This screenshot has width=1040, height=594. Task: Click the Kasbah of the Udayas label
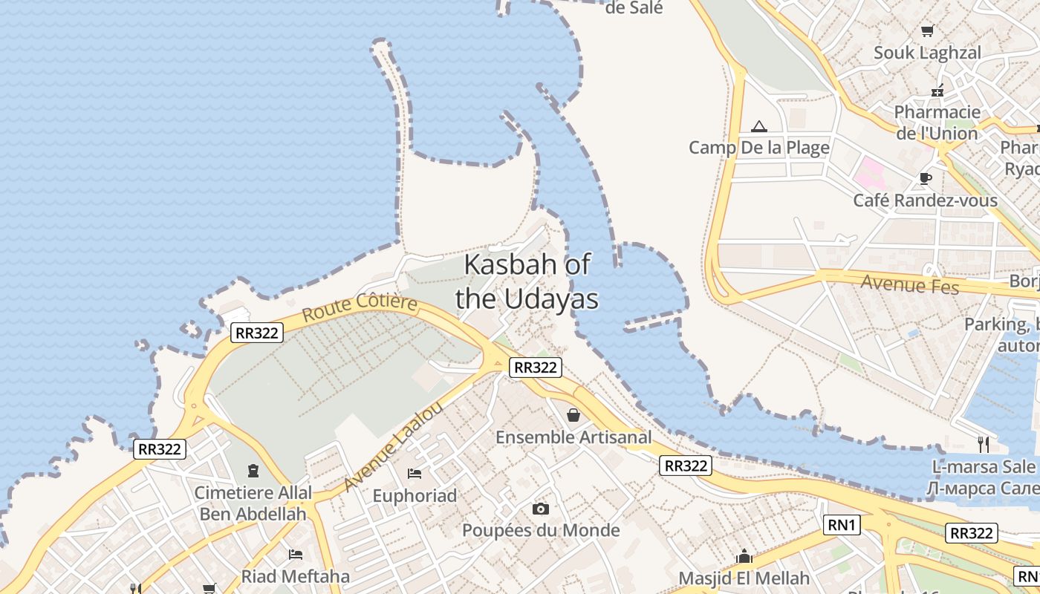527,281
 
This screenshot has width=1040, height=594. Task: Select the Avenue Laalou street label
394,447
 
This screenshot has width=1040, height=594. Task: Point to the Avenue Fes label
910,284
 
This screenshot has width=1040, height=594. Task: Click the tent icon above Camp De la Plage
758,126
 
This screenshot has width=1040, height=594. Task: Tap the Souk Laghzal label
927,53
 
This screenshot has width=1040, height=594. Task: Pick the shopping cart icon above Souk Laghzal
927,30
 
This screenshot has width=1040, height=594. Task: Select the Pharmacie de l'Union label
937,123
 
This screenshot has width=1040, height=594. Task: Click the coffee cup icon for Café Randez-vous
925,178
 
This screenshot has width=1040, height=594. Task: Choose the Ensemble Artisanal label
573,437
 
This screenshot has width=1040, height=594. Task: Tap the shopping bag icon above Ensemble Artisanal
573,414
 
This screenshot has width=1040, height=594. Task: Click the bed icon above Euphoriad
415,473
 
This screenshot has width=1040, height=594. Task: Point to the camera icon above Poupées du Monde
541,509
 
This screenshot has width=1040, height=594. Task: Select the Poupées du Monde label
541,530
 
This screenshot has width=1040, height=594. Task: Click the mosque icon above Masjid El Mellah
744,556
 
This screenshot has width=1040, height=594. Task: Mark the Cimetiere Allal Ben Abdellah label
253,503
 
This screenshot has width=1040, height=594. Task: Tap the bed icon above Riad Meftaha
295,554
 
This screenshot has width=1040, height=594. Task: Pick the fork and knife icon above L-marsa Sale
984,444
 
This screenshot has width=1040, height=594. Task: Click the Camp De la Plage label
758,148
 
